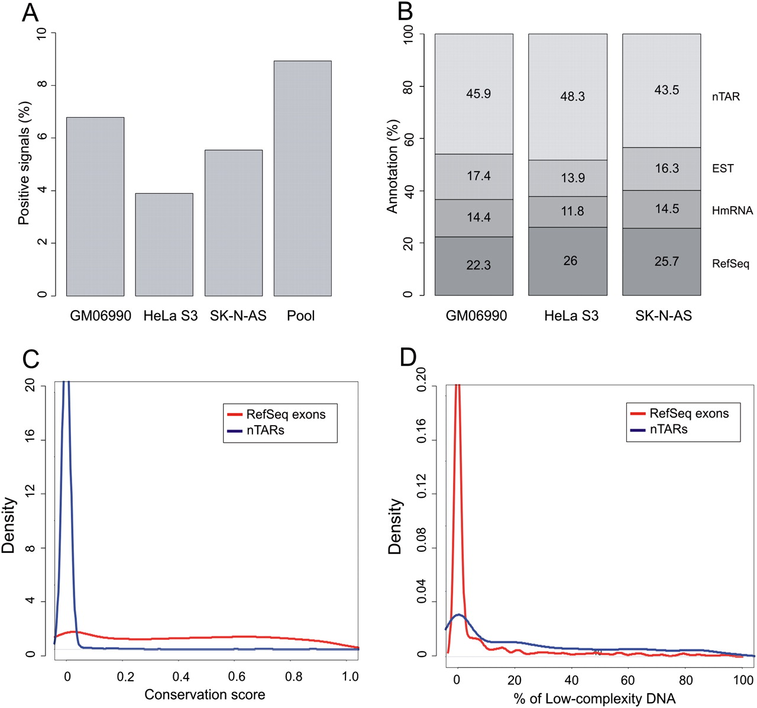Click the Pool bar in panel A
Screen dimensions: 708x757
pos(302,178)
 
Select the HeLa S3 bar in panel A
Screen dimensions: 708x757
pos(164,244)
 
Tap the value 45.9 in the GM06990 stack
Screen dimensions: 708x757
pos(478,94)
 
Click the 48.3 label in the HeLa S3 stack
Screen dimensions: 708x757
pos(572,96)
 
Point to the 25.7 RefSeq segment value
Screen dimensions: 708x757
pos(667,261)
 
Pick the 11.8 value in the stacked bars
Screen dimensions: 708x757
pos(572,211)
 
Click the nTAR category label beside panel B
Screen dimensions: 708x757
pos(726,96)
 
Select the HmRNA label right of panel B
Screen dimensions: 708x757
pos(732,211)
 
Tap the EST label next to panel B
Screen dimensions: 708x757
pos(723,169)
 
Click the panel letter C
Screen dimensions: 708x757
pos(31,359)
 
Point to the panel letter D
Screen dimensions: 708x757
pos(408,358)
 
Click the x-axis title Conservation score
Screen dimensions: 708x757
pos(205,694)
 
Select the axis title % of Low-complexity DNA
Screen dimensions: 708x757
pos(594,699)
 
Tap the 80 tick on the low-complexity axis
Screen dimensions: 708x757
pos(685,680)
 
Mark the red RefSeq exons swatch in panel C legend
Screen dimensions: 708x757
pos(235,414)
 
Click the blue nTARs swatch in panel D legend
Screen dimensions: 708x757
pos(638,430)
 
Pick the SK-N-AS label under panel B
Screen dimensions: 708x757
pos(664,316)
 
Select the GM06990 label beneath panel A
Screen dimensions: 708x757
pos(101,316)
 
